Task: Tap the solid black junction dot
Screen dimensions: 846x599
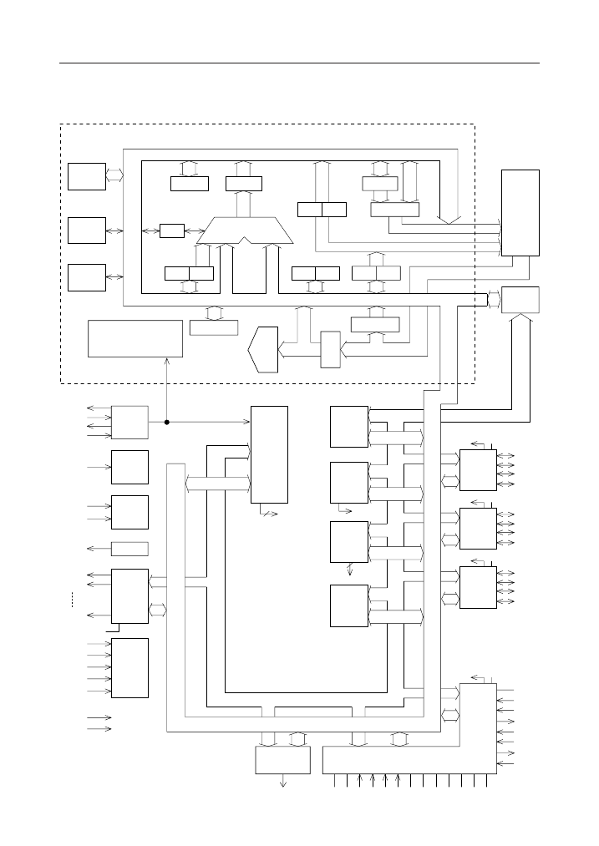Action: tap(167, 422)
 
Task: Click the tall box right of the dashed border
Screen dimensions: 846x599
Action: tap(520, 212)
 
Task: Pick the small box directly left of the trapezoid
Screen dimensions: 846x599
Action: tap(171, 230)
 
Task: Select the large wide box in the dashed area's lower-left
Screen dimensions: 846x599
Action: tap(135, 337)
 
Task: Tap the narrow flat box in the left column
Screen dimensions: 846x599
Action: tap(129, 549)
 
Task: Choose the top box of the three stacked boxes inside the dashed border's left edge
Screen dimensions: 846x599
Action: tap(87, 176)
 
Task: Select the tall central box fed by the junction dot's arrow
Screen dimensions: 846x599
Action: tap(269, 454)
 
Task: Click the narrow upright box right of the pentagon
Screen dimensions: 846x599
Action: tap(331, 349)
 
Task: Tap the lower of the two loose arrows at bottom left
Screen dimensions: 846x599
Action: tap(99, 729)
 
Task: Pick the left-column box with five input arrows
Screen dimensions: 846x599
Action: tap(129, 667)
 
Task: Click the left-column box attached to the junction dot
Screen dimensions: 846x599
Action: tap(129, 422)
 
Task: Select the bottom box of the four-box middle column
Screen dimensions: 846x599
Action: tap(349, 605)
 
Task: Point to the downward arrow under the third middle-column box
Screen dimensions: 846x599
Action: tap(350, 570)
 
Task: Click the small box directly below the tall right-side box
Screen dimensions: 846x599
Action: tap(520, 299)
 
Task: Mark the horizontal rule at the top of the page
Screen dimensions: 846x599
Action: tap(299, 63)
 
